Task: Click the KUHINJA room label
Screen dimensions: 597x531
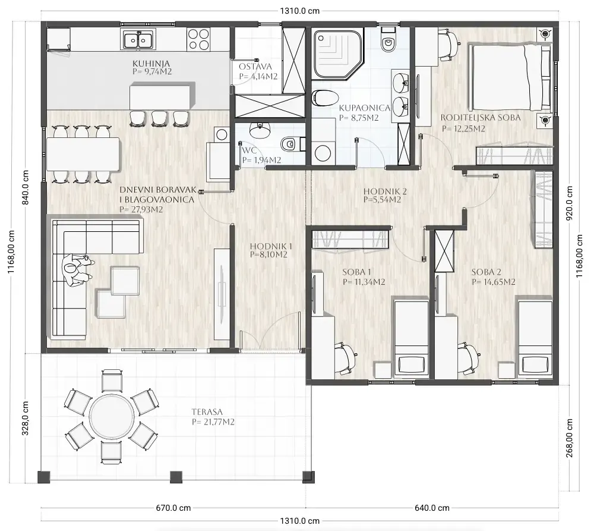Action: [x=151, y=64]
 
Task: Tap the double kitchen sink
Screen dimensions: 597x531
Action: [x=137, y=39]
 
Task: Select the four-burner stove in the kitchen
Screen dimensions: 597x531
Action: [x=198, y=40]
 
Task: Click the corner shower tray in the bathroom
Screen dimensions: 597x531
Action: [x=337, y=55]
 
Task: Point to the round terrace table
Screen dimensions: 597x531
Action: [x=112, y=417]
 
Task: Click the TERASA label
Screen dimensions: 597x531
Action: [x=207, y=412]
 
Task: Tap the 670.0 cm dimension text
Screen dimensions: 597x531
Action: [x=173, y=508]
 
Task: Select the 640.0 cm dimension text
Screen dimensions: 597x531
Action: [x=432, y=508]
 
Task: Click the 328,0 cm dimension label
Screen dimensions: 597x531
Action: [x=25, y=418]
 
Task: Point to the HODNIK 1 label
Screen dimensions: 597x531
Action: [x=271, y=246]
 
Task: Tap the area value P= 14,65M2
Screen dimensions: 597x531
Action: [x=494, y=282]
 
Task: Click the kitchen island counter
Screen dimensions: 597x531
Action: [x=160, y=98]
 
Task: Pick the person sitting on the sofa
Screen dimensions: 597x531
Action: [x=78, y=270]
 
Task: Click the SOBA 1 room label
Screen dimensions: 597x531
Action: [x=356, y=272]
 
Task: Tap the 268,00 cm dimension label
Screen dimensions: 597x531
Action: [x=569, y=438]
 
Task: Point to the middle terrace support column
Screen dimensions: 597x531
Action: [x=175, y=477]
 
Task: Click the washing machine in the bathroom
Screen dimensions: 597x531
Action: [x=323, y=153]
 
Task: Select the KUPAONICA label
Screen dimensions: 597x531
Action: [x=365, y=108]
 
